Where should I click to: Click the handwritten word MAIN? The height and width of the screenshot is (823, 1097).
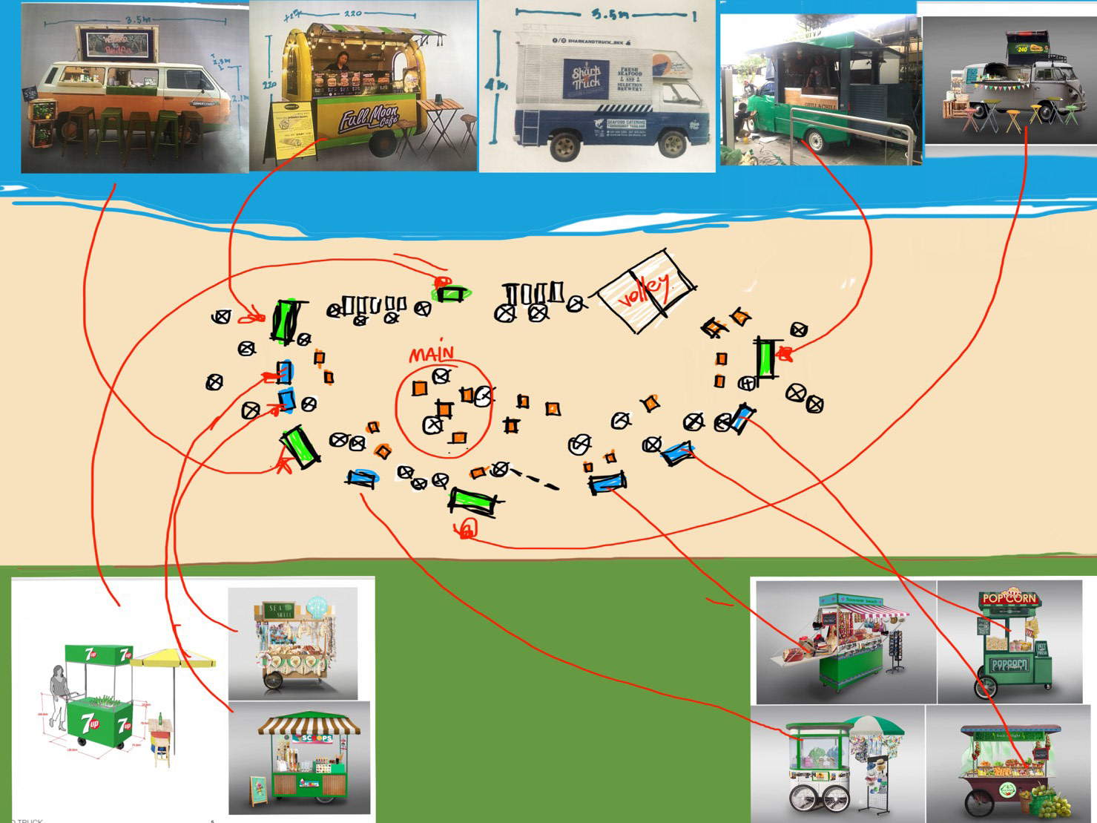click(432, 353)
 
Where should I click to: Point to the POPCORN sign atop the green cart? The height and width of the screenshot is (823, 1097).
click(1008, 598)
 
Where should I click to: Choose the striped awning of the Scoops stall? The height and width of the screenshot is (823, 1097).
click(309, 724)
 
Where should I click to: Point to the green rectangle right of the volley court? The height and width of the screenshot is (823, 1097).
click(765, 358)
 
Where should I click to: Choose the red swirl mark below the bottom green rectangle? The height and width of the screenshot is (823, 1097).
click(467, 529)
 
